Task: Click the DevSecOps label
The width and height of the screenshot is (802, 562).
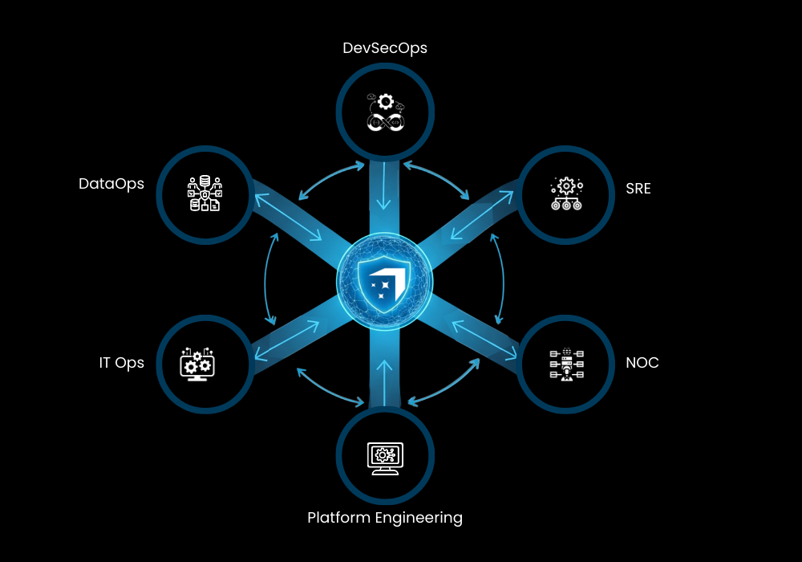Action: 385,48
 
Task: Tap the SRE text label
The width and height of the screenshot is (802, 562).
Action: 638,189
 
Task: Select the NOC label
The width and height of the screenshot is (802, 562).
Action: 642,362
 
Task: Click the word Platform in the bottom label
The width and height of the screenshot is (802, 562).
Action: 338,518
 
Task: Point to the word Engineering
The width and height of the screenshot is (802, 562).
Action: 419,519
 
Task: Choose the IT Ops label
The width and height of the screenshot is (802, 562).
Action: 122,364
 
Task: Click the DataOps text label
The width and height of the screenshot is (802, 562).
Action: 111,185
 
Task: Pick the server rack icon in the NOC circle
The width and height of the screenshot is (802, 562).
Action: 567,364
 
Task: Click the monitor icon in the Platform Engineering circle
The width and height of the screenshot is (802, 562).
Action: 385,458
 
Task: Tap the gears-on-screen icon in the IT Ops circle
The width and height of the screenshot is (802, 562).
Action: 197,364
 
